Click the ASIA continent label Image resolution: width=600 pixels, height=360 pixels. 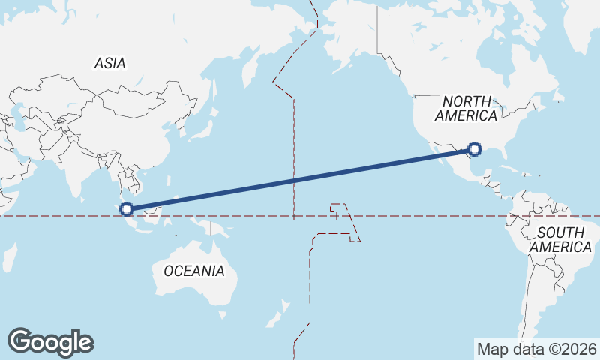(x=110, y=64)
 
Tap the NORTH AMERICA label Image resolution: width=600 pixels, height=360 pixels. (x=466, y=109)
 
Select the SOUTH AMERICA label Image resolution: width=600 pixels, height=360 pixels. (x=559, y=239)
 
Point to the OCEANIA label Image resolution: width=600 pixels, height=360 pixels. (x=193, y=271)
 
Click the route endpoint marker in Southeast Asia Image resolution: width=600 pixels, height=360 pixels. (x=127, y=209)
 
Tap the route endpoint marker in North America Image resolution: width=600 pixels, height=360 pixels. (x=473, y=149)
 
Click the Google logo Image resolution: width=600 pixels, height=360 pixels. (x=50, y=342)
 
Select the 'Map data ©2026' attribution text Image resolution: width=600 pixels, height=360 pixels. (x=536, y=349)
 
